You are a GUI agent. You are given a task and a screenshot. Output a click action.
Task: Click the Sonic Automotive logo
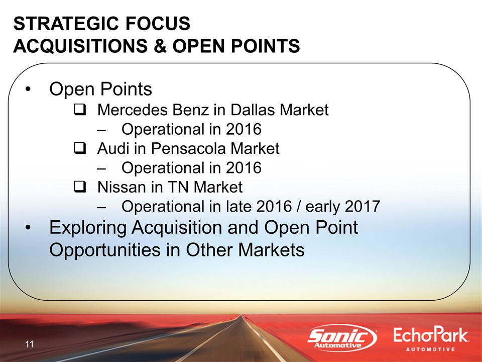pos(342,338)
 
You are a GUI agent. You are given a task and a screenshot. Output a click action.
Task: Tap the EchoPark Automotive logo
pos(431,339)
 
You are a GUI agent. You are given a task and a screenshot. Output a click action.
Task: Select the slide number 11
pos(30,344)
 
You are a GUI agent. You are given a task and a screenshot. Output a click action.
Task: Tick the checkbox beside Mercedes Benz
pos(80,110)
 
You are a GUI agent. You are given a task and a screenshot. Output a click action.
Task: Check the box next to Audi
pos(80,149)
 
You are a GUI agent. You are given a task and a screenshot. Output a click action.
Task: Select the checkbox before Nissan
pos(80,187)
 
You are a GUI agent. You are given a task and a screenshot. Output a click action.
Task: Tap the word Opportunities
pos(105,250)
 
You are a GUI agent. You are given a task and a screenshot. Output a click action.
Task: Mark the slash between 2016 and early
pos(298,206)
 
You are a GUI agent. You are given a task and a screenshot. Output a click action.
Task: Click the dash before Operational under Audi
pos(101,168)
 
